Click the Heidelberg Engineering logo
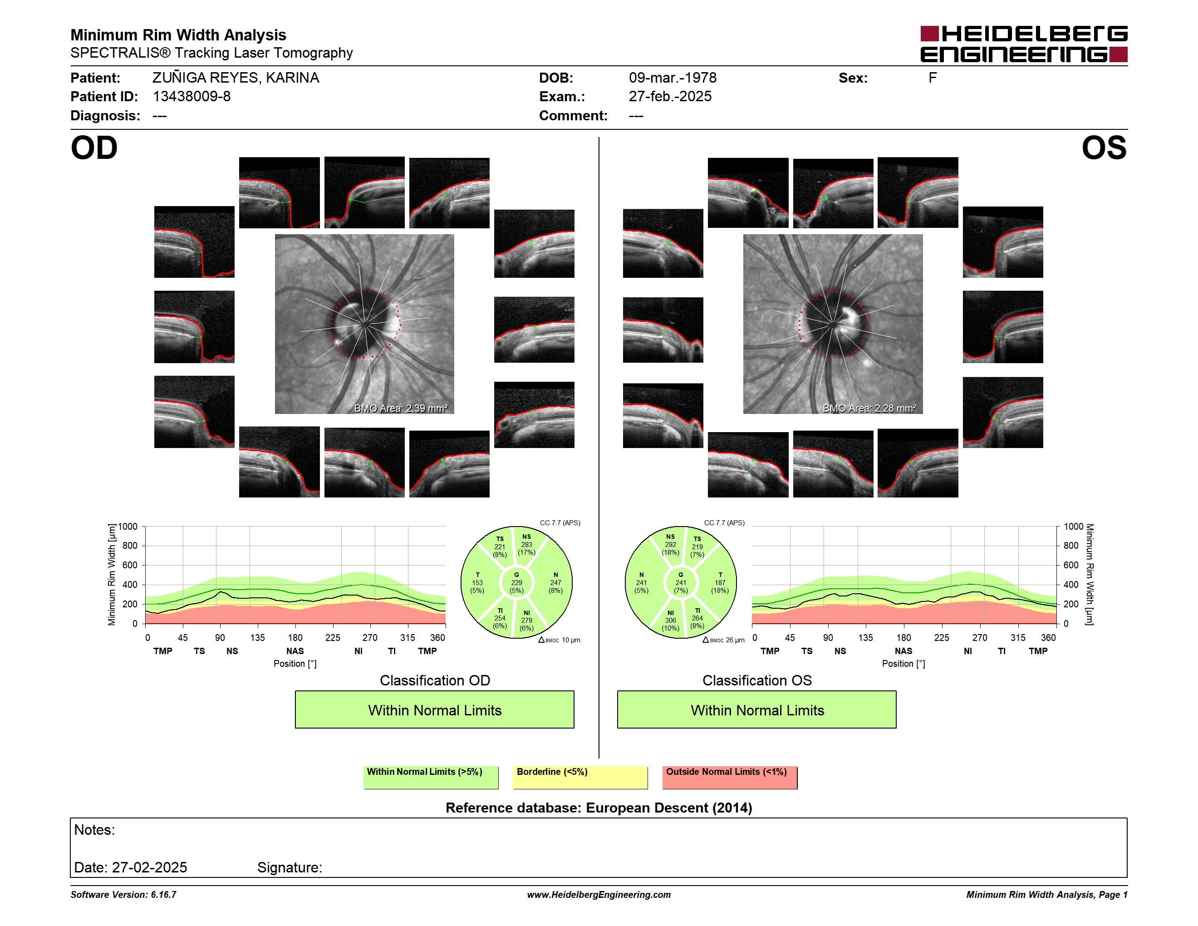[x=1024, y=44]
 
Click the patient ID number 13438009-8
[x=191, y=97]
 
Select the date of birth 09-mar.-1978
[x=673, y=78]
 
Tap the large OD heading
[x=94, y=148]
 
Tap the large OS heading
[x=1104, y=148]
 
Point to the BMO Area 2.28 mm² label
[x=869, y=408]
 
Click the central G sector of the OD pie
[x=516, y=582]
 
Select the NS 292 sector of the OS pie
[x=670, y=545]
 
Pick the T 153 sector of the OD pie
[x=477, y=582]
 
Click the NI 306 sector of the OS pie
[x=670, y=621]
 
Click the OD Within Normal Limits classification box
[x=434, y=709]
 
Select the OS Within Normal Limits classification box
[x=757, y=709]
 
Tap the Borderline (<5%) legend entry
[x=580, y=777]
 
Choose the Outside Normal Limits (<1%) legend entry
[x=730, y=777]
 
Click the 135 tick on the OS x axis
[x=865, y=637]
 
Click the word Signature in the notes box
[x=290, y=867]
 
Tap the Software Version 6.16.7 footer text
[x=123, y=895]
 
